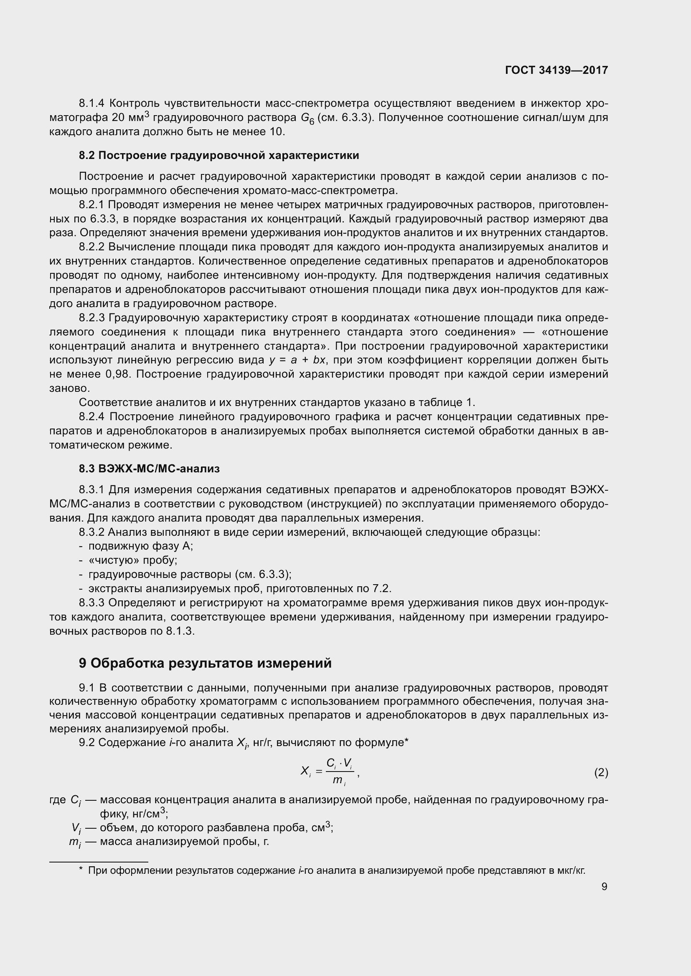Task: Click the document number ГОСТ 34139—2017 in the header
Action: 556,71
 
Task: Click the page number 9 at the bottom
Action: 604,886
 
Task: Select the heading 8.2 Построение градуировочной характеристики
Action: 218,156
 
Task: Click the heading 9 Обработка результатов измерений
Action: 205,663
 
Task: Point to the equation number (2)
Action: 601,772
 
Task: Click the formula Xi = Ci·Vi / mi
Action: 330,772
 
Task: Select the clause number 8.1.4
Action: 91,103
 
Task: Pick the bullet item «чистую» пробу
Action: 132,560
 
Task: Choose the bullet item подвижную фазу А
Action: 140,546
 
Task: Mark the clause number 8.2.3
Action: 91,318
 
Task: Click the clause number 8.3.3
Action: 91,603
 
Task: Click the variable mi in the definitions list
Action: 75,842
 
